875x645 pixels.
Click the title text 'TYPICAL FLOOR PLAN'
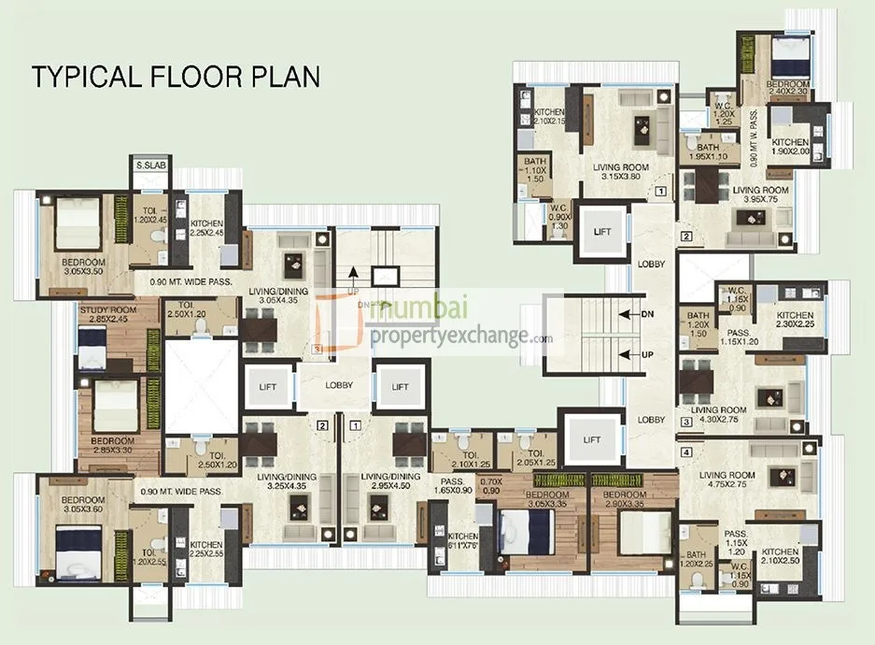point(176,76)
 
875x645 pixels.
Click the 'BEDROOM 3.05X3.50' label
point(85,266)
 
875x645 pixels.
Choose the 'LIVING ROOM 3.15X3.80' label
point(623,173)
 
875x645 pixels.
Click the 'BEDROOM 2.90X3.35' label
point(624,498)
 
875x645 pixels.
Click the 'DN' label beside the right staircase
point(647,314)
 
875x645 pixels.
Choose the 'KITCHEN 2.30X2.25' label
point(795,321)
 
